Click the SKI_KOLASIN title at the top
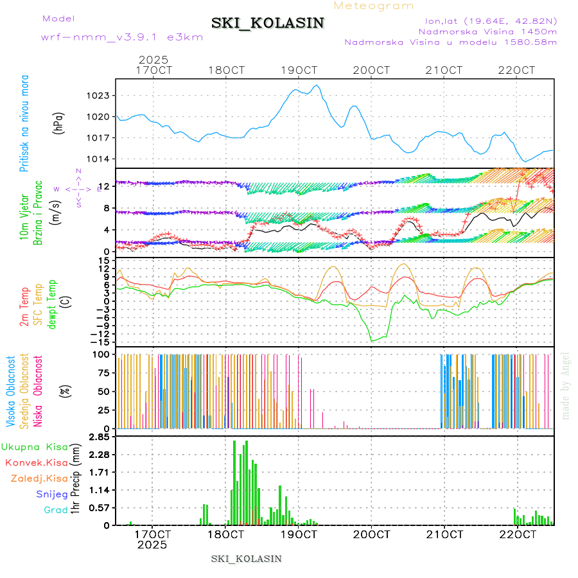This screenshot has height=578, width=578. pos(268,23)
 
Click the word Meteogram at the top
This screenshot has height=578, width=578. pos(374,6)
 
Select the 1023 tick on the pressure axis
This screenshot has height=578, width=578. pos(99,96)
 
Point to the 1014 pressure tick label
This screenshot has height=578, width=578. pos(99,159)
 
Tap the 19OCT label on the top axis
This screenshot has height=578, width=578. pos(299,70)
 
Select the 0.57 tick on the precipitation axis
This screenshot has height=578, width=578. pos(99,508)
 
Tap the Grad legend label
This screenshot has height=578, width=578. pos(55,510)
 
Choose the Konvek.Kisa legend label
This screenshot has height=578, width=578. pos(36,462)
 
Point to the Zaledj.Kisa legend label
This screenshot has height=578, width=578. pos(39,478)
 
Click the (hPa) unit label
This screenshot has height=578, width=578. pos(58,122)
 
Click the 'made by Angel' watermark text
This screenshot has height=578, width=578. pos(565,385)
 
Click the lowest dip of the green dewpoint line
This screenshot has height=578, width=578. pos(372,340)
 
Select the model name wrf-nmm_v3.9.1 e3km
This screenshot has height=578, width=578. pos(121,38)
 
